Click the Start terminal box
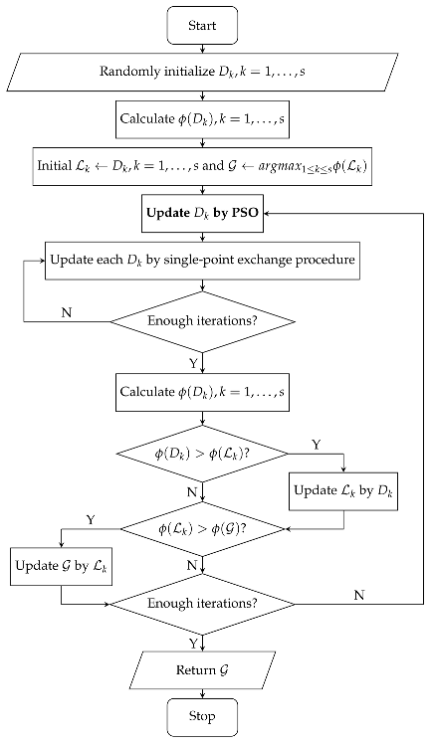(x=203, y=26)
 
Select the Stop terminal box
(x=203, y=715)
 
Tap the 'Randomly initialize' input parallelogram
(x=203, y=73)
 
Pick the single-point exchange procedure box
(x=203, y=262)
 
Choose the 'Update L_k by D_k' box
(x=343, y=490)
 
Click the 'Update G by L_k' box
(x=61, y=566)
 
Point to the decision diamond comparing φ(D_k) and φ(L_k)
(x=203, y=454)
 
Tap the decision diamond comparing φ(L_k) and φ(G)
(x=203, y=528)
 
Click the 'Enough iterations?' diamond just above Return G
(x=203, y=604)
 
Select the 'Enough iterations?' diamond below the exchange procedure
(x=203, y=320)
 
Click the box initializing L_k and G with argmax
(x=203, y=166)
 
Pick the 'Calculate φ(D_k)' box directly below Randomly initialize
(x=203, y=119)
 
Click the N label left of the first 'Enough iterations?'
(x=67, y=311)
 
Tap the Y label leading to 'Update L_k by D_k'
(x=317, y=445)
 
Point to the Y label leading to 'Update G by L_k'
(x=92, y=519)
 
